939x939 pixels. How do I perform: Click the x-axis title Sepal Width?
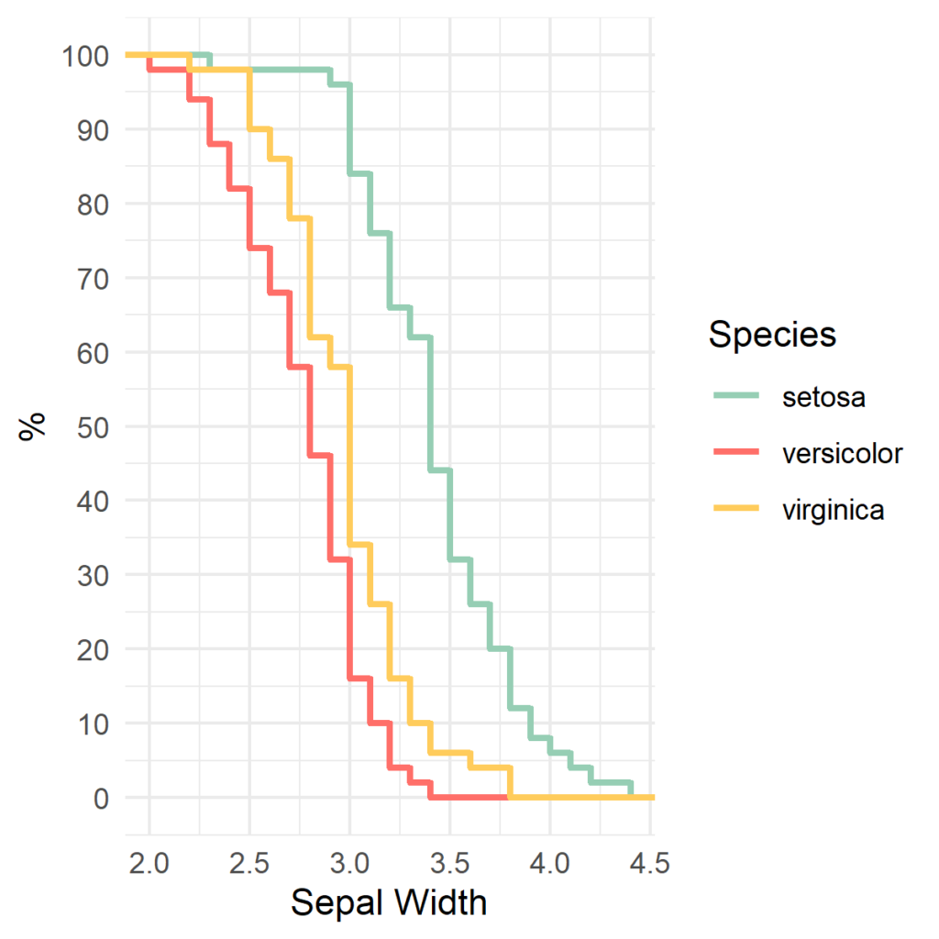click(389, 903)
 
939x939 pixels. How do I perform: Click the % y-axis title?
click(33, 426)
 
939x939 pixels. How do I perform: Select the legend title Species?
click(772, 335)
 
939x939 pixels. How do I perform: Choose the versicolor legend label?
click(843, 453)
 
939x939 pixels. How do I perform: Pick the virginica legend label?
click(834, 510)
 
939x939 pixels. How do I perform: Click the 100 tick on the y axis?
click(86, 56)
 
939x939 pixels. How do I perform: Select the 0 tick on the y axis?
click(100, 798)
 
